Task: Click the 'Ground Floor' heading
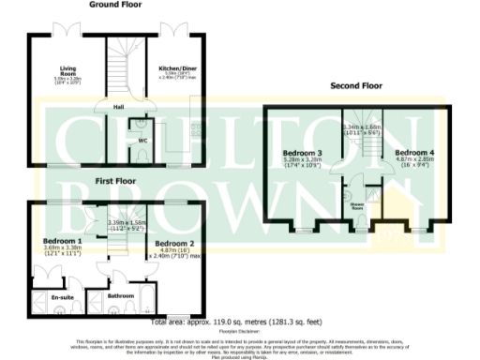116,5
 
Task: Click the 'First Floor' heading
113,178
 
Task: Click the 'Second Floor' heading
356,86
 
